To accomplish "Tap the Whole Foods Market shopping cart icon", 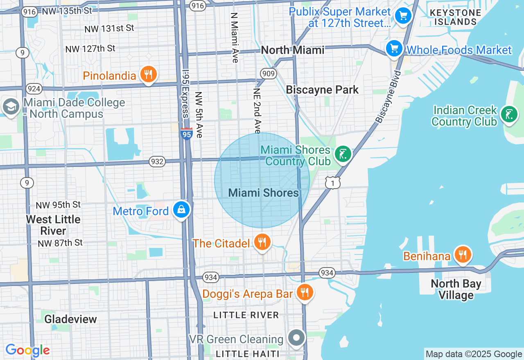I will (394, 49).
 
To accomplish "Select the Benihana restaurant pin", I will (463, 255).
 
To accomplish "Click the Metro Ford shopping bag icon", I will (181, 210).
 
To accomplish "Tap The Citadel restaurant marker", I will (262, 242).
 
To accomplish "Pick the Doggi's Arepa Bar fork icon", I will (305, 292).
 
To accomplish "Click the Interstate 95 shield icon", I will (186, 133).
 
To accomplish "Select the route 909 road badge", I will (268, 74).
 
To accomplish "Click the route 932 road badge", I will (157, 162).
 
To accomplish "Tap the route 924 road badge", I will (33, 88).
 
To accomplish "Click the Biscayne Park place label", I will (322, 90).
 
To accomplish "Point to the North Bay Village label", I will (456, 289).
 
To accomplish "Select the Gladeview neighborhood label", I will (70, 319).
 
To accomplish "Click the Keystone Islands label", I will (455, 17).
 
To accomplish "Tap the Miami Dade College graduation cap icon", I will (10, 106).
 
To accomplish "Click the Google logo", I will (27, 350).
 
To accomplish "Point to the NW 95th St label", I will (58, 205).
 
